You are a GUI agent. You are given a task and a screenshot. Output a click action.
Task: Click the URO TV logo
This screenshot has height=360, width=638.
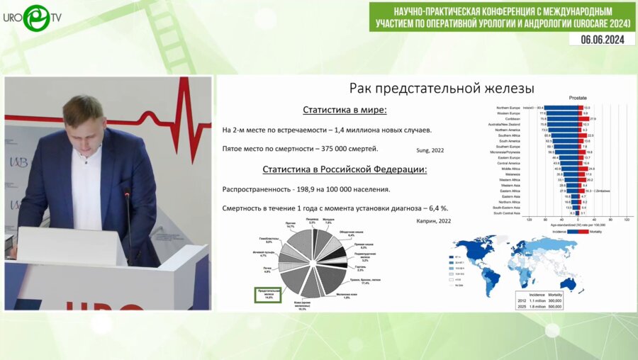pos(34,17)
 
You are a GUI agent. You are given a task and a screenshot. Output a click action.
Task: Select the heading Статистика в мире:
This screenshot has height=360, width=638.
pos(345,110)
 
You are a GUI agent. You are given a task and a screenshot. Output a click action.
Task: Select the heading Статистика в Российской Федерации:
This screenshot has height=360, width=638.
pos(345,169)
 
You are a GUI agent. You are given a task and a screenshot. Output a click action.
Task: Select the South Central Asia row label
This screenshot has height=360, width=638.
pos(507,213)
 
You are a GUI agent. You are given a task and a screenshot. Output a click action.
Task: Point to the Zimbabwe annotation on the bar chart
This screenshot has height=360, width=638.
pos(605,191)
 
